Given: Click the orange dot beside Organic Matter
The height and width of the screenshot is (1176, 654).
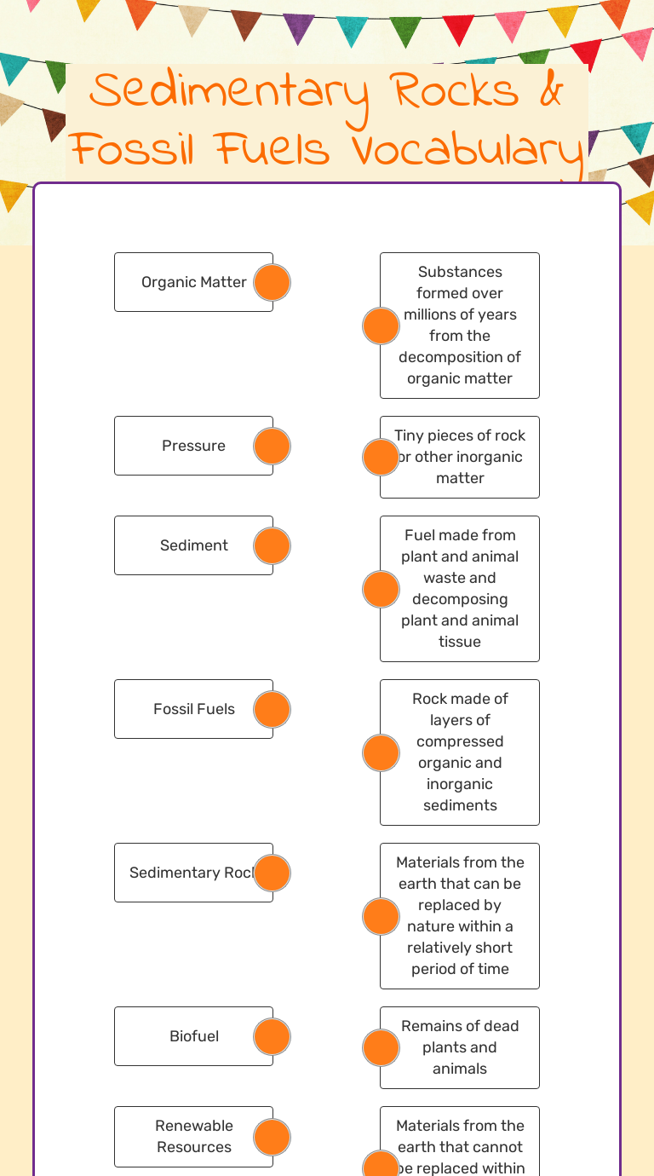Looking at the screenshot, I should tap(272, 282).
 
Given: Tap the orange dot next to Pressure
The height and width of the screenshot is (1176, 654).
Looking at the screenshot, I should tap(272, 446).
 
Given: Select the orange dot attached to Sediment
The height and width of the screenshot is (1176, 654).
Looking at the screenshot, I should tap(272, 545).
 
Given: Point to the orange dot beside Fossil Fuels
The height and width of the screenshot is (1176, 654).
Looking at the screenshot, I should tap(272, 709).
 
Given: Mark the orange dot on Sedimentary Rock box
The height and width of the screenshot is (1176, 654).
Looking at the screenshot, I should tap(272, 873).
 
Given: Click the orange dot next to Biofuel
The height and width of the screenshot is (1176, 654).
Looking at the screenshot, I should tap(272, 1036).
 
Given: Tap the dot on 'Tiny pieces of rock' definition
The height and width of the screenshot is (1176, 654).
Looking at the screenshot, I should tap(381, 457).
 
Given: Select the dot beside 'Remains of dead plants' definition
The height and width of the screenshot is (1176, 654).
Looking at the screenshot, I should tap(381, 1047).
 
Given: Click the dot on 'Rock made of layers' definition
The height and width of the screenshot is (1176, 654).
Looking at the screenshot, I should tap(381, 752).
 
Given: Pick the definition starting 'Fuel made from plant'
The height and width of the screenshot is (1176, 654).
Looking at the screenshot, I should tap(460, 588).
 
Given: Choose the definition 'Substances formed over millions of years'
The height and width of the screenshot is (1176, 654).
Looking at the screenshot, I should tap(460, 325).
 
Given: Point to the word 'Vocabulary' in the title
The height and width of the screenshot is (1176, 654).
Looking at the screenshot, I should tap(467, 151).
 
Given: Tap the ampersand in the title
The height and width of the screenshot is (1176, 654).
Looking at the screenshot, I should tap(551, 92).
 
